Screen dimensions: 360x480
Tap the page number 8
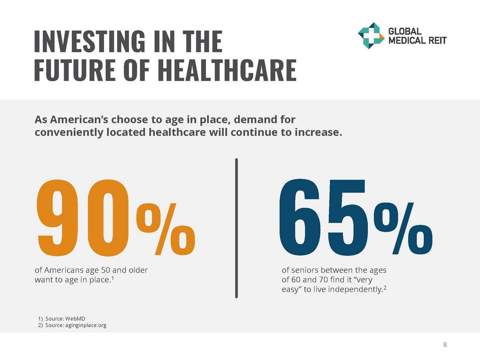tap(445, 345)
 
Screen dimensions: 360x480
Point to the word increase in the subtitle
tap(316, 132)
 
